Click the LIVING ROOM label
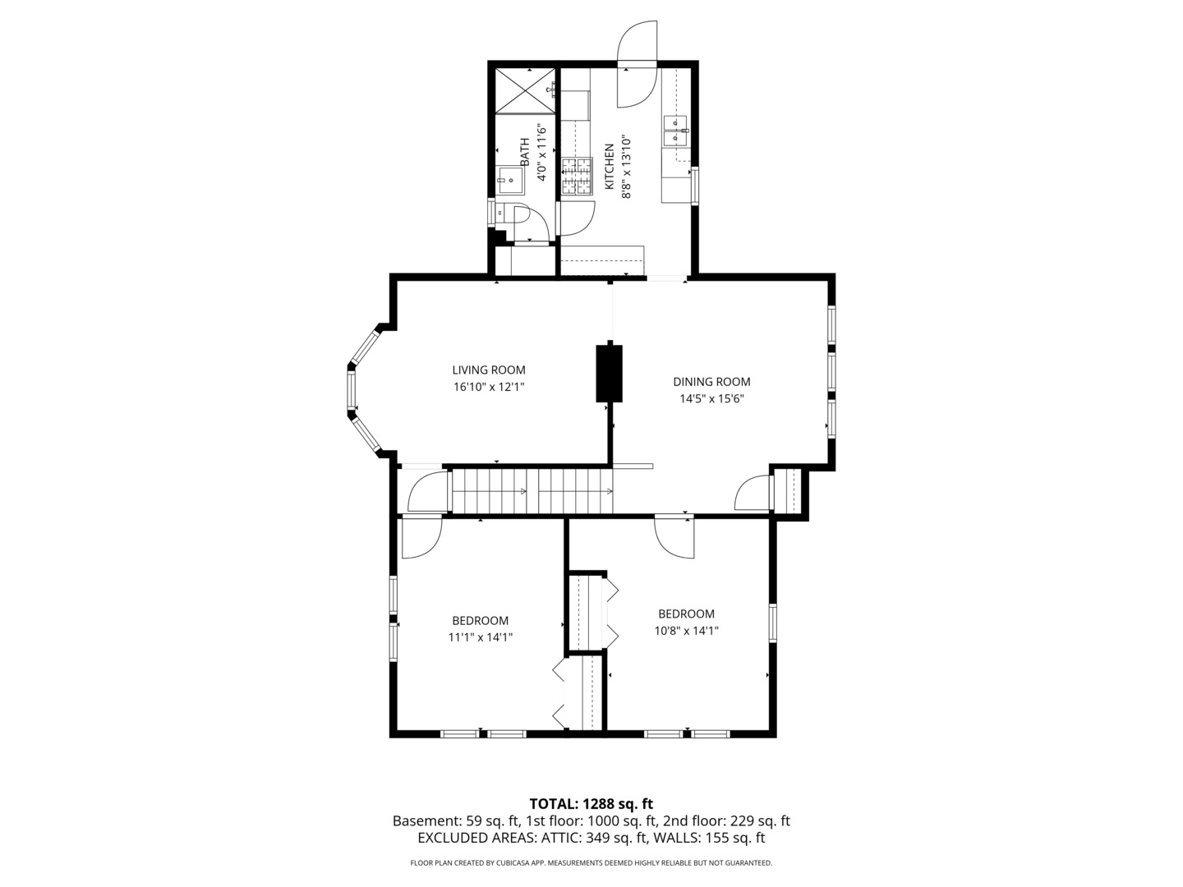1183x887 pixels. (x=488, y=370)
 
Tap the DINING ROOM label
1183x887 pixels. (x=711, y=381)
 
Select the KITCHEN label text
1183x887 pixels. (x=610, y=167)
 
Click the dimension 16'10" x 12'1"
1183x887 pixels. (x=488, y=387)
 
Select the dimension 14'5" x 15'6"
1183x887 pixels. (x=711, y=399)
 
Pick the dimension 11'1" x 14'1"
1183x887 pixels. (x=480, y=637)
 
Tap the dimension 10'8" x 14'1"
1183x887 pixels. (x=686, y=631)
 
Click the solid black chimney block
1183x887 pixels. (x=609, y=374)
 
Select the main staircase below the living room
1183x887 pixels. (x=532, y=491)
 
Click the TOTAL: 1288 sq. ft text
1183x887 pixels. (x=591, y=803)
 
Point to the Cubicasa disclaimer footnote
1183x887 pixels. (x=591, y=863)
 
